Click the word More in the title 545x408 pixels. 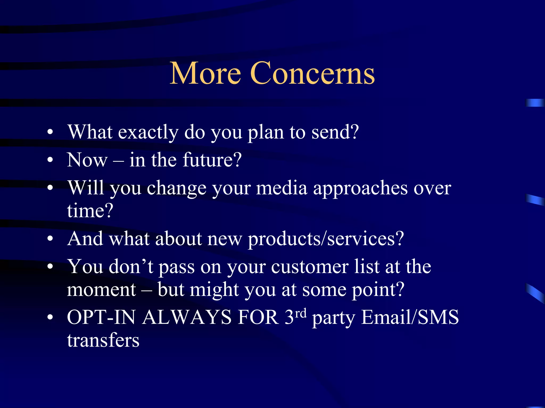pos(205,73)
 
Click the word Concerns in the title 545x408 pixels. pos(312,73)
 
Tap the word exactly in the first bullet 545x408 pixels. pos(148,132)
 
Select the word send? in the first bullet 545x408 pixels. pos(335,132)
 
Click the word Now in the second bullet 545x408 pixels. pos(87,160)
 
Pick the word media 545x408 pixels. pos(282,188)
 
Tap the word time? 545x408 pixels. pos(90,211)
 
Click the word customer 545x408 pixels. pos(310,267)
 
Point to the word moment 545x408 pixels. pos(101,290)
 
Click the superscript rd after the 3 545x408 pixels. pos(301,313)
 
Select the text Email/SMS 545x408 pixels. pos(410,317)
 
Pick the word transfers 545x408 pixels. pos(103,340)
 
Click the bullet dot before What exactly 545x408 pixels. pos(50,132)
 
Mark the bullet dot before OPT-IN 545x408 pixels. pos(50,317)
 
